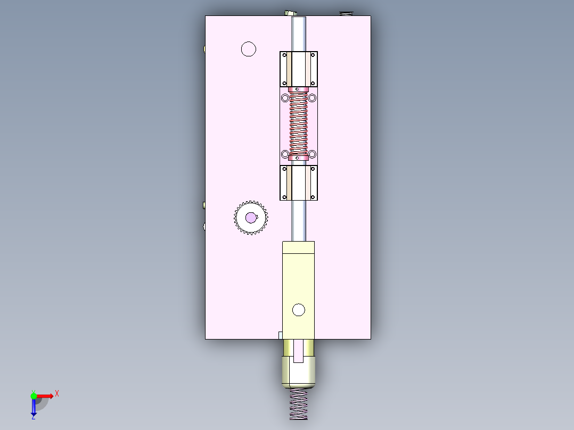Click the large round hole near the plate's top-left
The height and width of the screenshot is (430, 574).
pos(248,49)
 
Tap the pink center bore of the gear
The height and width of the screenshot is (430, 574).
pos(250,217)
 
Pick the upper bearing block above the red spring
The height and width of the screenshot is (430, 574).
pos(298,69)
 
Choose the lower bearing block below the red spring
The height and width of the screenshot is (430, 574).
pos(298,183)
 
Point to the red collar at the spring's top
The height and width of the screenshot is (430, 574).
pos(298,89)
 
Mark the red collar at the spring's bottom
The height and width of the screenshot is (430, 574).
pos(298,158)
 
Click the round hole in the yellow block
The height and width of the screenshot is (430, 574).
pos(298,310)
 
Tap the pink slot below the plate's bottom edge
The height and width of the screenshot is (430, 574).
pos(298,351)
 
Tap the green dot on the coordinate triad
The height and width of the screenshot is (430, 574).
pos(34,395)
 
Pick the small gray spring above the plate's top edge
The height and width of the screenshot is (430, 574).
pos(346,13)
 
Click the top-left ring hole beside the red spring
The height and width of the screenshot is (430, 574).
pos(285,98)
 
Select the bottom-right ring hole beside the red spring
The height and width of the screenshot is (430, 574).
pos(312,154)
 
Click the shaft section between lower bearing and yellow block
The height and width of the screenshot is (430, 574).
pos(298,220)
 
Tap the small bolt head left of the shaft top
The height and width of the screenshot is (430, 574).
pos(289,13)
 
